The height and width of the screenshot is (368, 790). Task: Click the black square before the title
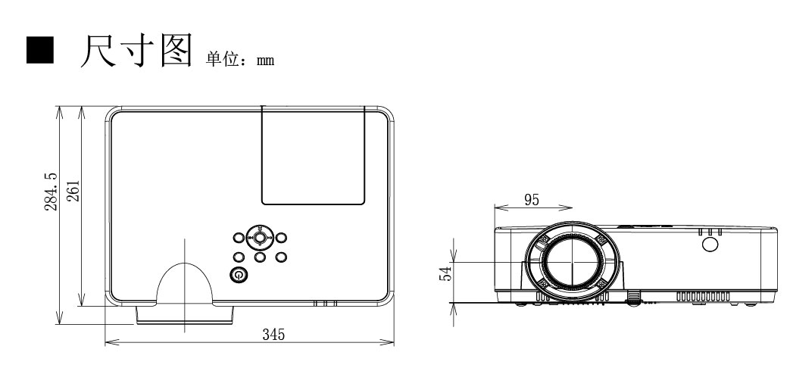click(40, 50)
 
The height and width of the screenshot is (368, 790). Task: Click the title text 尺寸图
click(136, 50)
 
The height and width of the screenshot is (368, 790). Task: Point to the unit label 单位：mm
click(240, 59)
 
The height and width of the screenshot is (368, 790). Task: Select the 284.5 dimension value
click(52, 192)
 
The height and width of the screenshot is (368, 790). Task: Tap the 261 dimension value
click(73, 191)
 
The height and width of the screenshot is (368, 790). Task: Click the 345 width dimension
click(273, 334)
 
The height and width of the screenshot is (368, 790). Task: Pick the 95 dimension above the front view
click(532, 200)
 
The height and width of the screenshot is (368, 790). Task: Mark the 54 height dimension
click(445, 273)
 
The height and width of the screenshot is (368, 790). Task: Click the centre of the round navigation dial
click(260, 236)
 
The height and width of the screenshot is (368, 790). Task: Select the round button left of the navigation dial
click(239, 237)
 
